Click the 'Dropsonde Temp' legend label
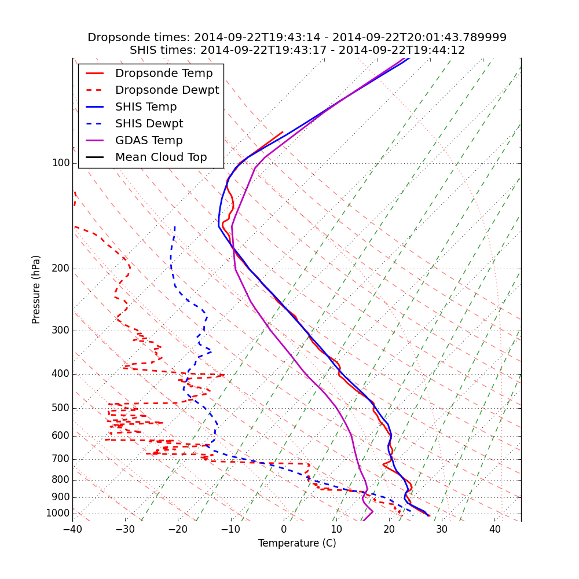164,74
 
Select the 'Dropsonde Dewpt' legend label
167,90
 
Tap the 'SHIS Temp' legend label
146,107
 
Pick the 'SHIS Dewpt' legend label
149,124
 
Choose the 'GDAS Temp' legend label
149,141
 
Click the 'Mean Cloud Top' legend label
161,157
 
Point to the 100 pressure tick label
61,163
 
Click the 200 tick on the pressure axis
61,269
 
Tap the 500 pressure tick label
61,408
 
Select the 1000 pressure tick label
58,514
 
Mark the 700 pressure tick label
61,459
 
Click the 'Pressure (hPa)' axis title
36,289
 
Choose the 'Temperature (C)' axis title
297,543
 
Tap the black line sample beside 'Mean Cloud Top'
95,157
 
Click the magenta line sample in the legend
95,141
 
